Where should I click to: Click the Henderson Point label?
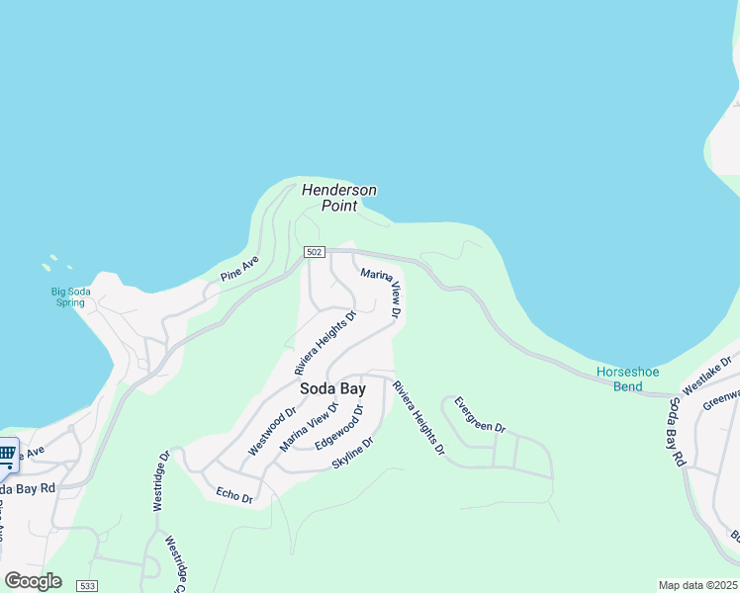(x=338, y=198)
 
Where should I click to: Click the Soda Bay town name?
(x=326, y=388)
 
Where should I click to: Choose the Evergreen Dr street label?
(x=480, y=416)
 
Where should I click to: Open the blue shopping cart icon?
(x=7, y=455)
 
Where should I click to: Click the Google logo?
(x=33, y=581)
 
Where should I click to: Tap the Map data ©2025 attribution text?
(x=698, y=585)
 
